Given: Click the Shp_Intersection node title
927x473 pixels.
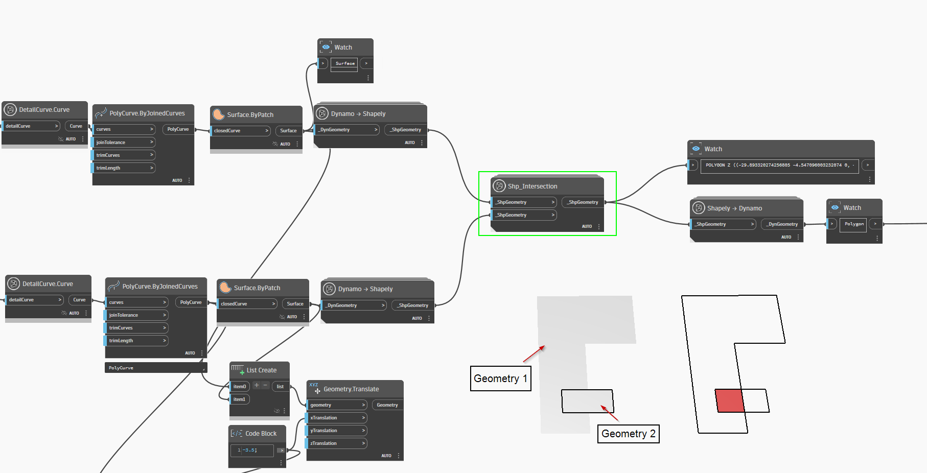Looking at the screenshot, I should point(532,186).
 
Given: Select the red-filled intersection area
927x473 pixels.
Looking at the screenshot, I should point(729,400).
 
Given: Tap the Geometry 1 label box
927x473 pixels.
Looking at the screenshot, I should point(500,379).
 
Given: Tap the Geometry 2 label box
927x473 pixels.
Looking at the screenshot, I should point(628,434).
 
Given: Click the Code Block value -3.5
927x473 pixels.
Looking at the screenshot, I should point(250,450).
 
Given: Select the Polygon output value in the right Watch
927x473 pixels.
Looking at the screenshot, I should point(854,224).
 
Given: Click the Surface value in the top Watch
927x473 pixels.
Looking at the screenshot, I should point(345,63).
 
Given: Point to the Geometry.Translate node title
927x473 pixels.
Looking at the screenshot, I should point(351,389).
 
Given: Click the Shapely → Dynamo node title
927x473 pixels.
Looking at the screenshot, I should point(734,208).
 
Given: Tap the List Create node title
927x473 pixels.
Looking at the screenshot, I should point(261,370).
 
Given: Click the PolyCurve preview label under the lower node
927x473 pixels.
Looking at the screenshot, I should point(121,368).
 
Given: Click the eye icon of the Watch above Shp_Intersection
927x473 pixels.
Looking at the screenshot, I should point(696,149).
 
